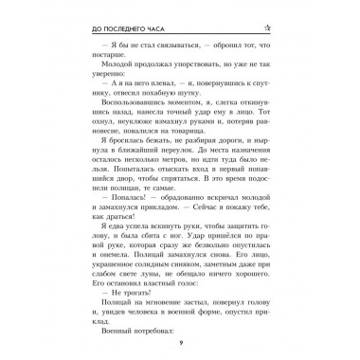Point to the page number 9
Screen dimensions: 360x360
pyautogui.click(x=179, y=343)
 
